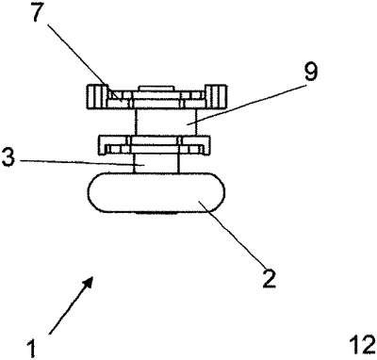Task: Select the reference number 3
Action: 8,158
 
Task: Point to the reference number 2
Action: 269,278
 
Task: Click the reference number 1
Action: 31,348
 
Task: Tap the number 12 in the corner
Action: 363,345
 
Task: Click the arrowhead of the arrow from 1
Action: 89,281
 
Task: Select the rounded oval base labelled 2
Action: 156,193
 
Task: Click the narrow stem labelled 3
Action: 156,163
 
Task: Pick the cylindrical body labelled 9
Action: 166,123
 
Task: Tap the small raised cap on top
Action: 156,89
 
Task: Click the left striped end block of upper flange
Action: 97,97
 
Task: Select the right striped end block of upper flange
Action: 216,97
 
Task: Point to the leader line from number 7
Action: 84,61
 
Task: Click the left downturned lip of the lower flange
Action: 104,145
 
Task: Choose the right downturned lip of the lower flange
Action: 205,145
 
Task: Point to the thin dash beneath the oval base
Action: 156,214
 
